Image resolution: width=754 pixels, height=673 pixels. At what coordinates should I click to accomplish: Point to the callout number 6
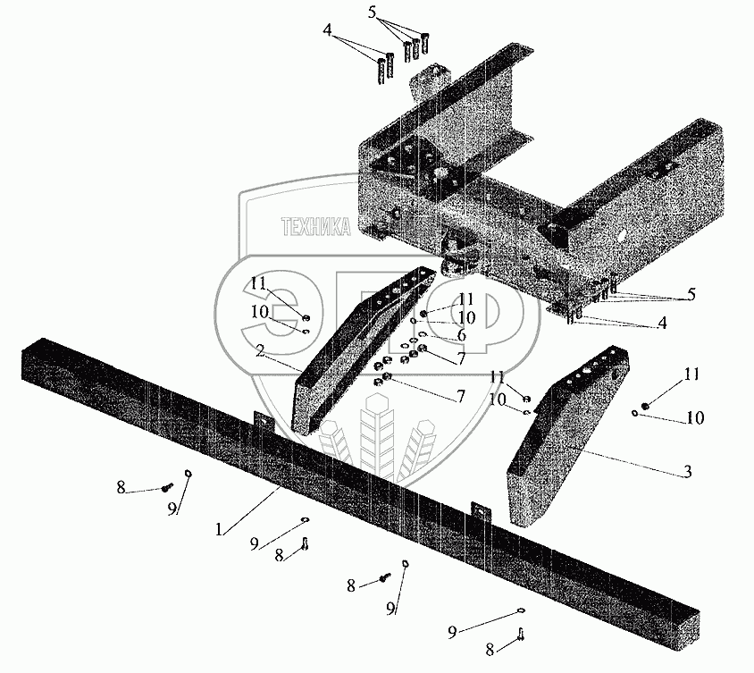click(x=462, y=334)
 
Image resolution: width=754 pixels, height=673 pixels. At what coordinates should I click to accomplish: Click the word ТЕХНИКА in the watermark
click(x=315, y=228)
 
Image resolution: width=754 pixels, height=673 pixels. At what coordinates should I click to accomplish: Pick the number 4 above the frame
click(x=329, y=29)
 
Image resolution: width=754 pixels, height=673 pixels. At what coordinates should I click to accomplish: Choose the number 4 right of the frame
click(x=662, y=324)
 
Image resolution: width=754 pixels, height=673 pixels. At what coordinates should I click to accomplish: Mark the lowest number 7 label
click(x=460, y=396)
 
